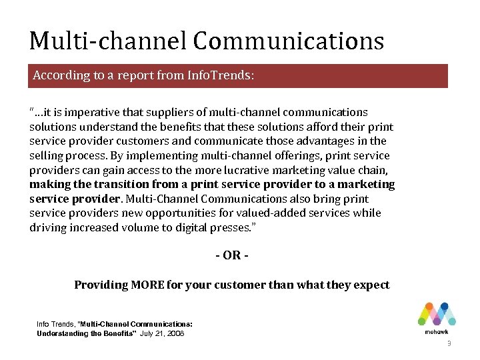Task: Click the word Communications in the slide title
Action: (x=289, y=41)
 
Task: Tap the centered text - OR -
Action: (x=231, y=256)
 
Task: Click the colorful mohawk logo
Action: (x=436, y=317)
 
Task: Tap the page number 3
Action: (x=449, y=344)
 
